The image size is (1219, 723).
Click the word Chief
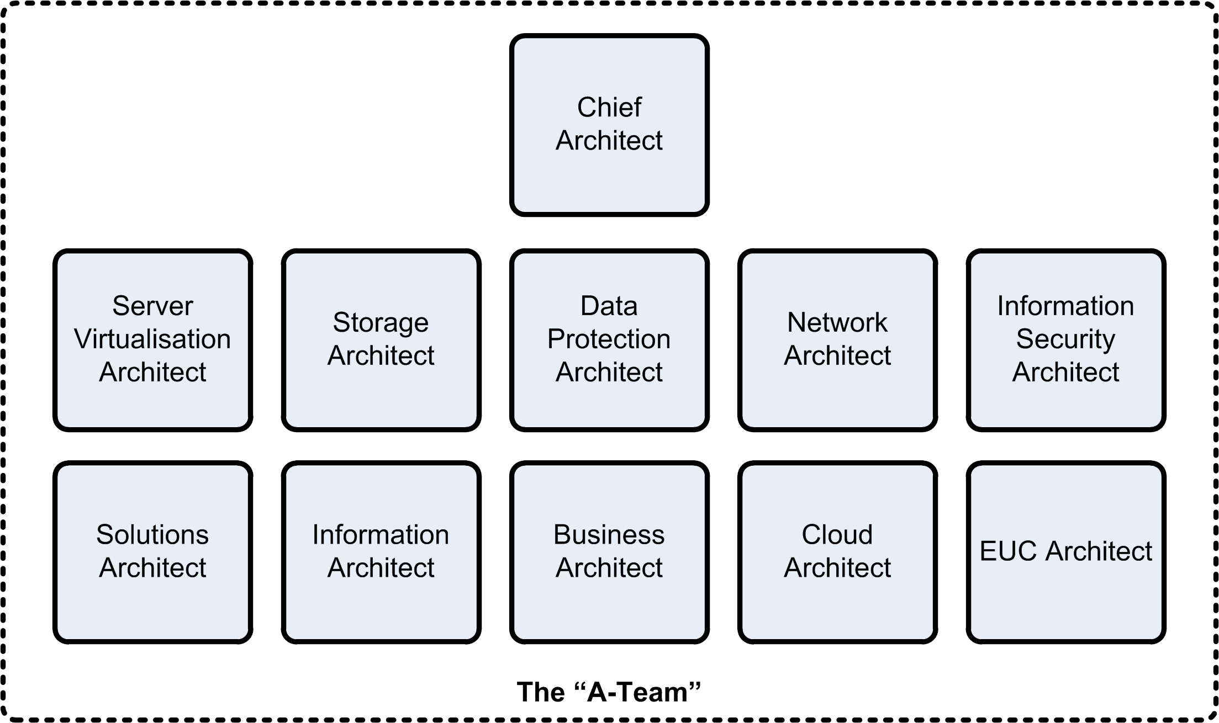(609, 107)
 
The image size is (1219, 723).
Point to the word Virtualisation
(152, 339)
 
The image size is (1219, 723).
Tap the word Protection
(609, 339)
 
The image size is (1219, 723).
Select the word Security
(1065, 339)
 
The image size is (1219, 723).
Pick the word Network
(837, 322)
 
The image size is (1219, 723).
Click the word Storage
(381, 322)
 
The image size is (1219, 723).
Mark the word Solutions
(152, 534)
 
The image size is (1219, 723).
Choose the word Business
(609, 534)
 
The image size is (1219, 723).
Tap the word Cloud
(837, 534)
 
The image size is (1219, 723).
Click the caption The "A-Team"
(609, 692)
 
